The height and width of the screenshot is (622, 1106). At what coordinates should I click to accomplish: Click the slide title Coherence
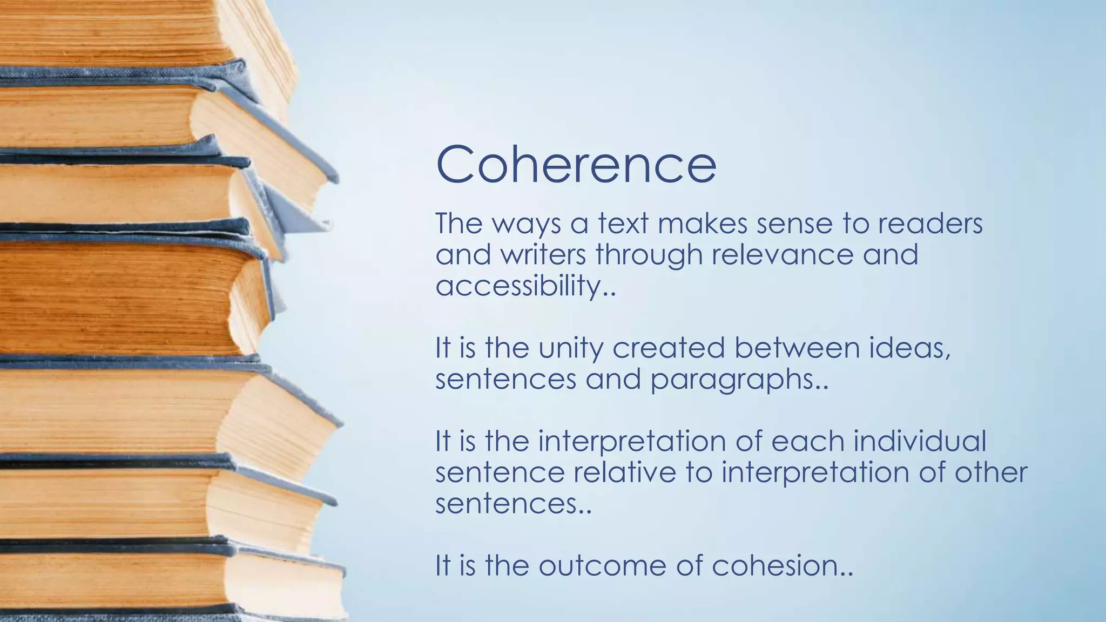pos(576,164)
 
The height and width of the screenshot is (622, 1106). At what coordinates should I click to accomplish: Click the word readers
pos(929,224)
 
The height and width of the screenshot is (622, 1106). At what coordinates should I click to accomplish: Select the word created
pos(668,348)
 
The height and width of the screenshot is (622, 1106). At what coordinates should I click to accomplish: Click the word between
pos(797,348)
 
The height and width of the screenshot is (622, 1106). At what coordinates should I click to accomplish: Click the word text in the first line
pos(622,224)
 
